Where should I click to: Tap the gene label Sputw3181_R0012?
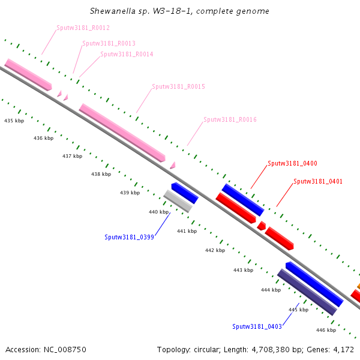click(x=83, y=28)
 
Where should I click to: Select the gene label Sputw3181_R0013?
click(x=109, y=43)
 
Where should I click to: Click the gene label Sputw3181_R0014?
click(x=127, y=54)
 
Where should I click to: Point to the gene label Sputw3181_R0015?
click(x=178, y=86)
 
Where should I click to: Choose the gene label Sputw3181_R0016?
click(x=230, y=119)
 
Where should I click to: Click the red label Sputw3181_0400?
click(x=292, y=163)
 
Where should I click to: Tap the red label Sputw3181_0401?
click(x=318, y=181)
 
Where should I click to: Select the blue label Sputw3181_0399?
click(x=129, y=237)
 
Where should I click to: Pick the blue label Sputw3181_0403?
click(x=257, y=326)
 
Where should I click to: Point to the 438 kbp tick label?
click(x=101, y=174)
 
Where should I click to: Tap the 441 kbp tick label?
click(x=187, y=231)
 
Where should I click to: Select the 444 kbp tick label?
click(x=271, y=290)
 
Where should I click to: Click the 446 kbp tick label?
click(x=326, y=330)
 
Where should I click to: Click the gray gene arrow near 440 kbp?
click(x=178, y=201)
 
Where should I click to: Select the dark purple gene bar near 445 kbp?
click(x=307, y=292)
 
